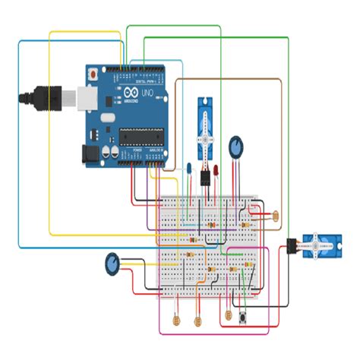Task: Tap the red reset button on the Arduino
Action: [93, 74]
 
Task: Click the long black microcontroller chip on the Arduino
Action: [141, 136]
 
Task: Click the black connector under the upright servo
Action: [205, 179]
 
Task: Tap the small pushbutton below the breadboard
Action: [245, 315]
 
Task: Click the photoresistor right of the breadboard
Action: [275, 216]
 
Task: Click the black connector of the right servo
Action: [291, 245]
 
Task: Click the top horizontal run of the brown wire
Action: [228, 78]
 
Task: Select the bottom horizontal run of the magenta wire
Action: [213, 333]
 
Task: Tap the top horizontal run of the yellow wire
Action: [84, 32]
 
